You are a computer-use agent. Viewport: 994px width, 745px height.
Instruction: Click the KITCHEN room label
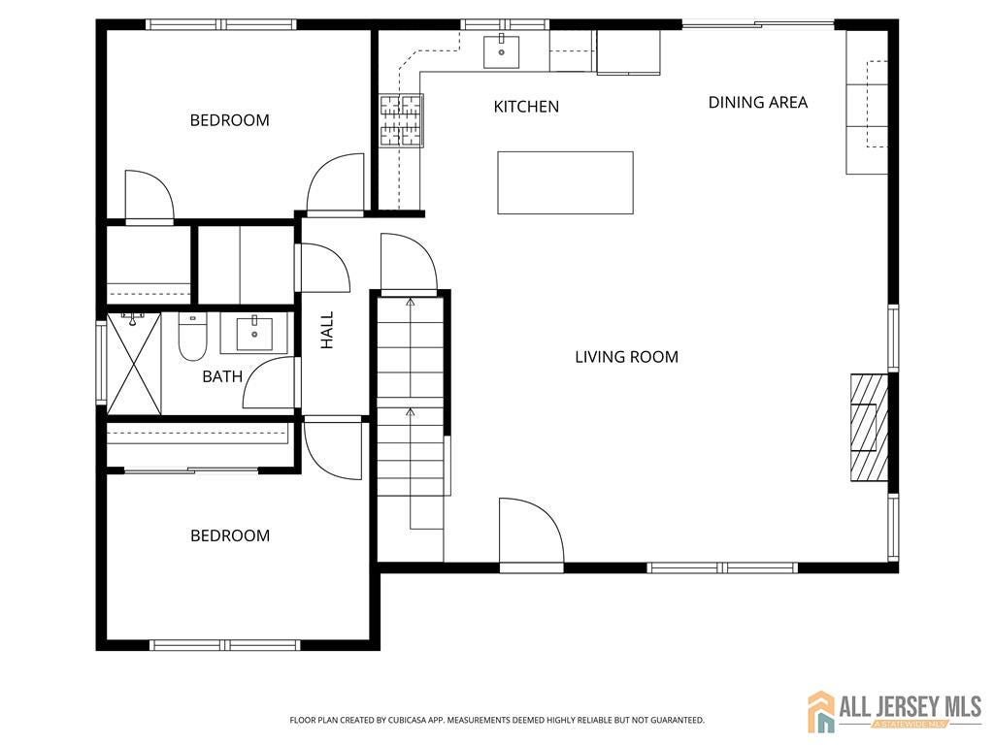526,107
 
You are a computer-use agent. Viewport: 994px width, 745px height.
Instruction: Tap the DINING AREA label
757,102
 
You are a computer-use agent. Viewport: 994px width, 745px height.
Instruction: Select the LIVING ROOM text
626,357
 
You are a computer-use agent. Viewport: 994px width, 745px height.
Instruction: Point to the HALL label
327,330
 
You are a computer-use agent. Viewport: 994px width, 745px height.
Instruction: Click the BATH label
222,376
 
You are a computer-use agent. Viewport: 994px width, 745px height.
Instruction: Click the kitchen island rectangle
565,182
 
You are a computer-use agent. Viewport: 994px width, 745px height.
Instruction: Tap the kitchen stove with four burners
401,120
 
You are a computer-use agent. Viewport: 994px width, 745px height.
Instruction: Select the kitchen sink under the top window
502,50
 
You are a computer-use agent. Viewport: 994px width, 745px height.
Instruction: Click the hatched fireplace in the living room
869,427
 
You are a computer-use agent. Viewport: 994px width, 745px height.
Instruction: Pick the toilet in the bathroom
192,338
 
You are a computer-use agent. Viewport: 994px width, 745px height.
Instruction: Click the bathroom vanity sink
254,334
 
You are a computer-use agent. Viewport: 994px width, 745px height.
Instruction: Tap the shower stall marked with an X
133,364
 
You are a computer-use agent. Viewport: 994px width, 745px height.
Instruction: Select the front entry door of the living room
531,534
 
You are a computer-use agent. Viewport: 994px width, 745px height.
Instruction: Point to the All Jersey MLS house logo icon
821,711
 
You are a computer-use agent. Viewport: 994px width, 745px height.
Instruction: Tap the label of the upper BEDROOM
229,120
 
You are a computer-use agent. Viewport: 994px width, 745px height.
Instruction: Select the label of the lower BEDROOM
229,535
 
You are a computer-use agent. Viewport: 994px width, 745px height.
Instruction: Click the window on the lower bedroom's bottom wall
224,645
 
